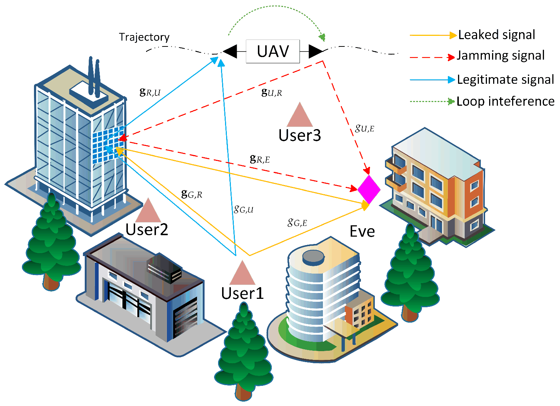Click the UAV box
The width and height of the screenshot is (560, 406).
pyautogui.click(x=273, y=51)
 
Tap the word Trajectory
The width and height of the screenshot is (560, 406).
pyautogui.click(x=144, y=37)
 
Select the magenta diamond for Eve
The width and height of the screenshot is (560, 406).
pyautogui.click(x=369, y=189)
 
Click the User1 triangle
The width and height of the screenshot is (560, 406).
pyautogui.click(x=242, y=274)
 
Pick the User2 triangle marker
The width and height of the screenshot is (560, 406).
pyautogui.click(x=148, y=211)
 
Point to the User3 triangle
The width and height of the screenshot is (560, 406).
pyautogui.click(x=300, y=115)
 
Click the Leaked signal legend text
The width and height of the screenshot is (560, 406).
pyautogui.click(x=496, y=35)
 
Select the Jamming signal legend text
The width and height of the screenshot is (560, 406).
pyautogui.click(x=500, y=56)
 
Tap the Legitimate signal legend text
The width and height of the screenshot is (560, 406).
pyautogui.click(x=505, y=79)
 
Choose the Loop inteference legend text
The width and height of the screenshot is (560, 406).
pyautogui.click(x=505, y=101)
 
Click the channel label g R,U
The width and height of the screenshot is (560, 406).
pyautogui.click(x=150, y=92)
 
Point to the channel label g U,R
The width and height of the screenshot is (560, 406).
pyautogui.click(x=272, y=92)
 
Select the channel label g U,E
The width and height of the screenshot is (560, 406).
pyautogui.click(x=365, y=128)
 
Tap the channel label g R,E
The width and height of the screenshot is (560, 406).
pyautogui.click(x=260, y=159)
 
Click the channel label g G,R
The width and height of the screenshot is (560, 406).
pyautogui.click(x=192, y=194)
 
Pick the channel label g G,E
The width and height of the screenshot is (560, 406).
pyautogui.click(x=297, y=222)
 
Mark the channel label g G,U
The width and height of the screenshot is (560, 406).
pyautogui.click(x=244, y=209)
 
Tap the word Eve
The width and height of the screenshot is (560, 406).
pyautogui.click(x=362, y=232)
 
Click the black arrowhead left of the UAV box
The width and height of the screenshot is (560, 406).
pyautogui.click(x=230, y=52)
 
